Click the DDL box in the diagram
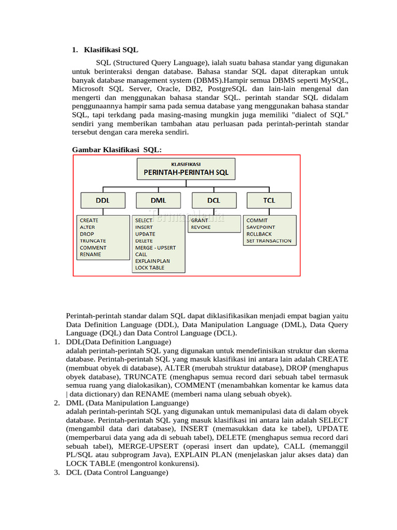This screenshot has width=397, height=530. [102, 200]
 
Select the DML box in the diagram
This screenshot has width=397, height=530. [158, 200]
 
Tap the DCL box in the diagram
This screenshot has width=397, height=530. [213, 200]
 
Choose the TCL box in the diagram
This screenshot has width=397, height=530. [269, 200]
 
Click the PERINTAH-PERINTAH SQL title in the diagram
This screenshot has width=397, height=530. [186, 172]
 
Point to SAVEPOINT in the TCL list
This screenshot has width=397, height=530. [261, 227]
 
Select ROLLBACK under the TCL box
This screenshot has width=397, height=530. [259, 234]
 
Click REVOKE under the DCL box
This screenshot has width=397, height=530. [201, 227]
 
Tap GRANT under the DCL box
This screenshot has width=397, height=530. [200, 220]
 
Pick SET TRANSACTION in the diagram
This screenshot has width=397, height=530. [269, 241]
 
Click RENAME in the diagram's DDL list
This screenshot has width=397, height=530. [90, 254]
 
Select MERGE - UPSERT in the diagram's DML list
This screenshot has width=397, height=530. [155, 247]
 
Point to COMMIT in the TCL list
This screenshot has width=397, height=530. [257, 220]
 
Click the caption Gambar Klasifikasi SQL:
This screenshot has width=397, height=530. [117, 150]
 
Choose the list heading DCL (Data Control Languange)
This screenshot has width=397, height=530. [117, 473]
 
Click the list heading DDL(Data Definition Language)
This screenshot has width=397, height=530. [118, 342]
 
